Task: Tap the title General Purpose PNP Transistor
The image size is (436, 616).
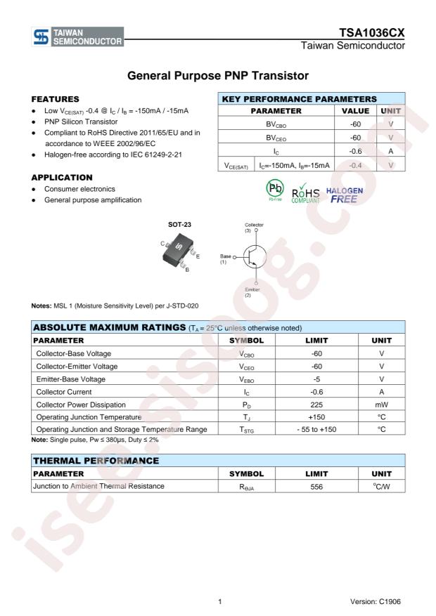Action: [x=218, y=74]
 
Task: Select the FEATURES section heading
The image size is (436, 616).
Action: [x=56, y=99]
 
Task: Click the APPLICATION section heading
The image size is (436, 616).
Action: [x=63, y=177]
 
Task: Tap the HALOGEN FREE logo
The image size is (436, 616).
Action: [x=345, y=195]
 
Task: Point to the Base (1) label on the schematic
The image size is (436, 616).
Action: [x=226, y=258]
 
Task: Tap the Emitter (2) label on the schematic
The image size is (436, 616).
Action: [x=252, y=291]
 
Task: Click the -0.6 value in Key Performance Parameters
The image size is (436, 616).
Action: [x=355, y=150]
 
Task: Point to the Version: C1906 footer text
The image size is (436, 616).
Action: [x=377, y=602]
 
